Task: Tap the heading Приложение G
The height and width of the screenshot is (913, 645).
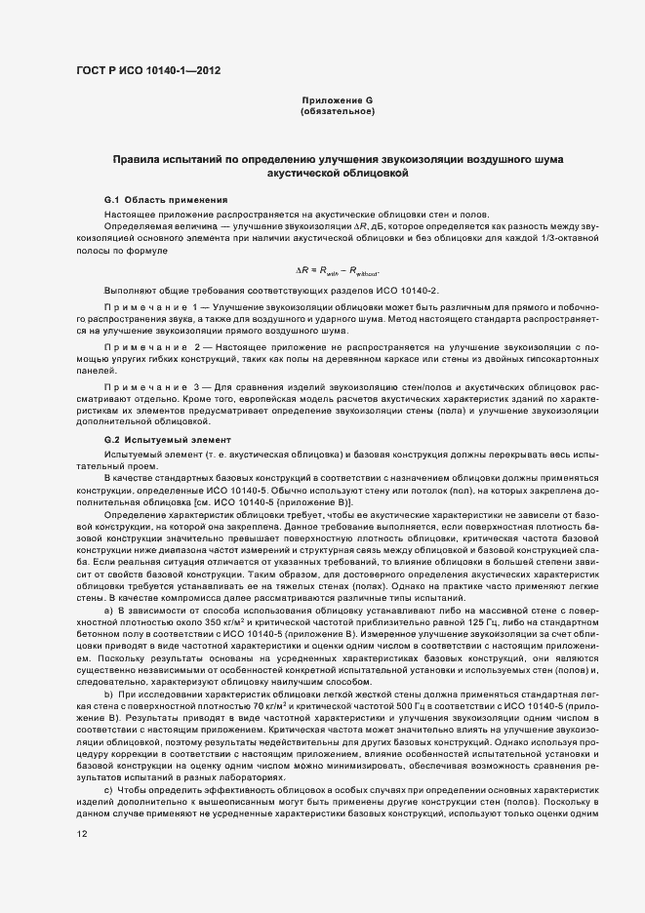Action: [338, 101]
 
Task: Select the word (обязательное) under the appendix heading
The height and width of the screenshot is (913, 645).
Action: [338, 113]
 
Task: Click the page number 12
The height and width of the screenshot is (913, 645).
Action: [82, 833]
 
